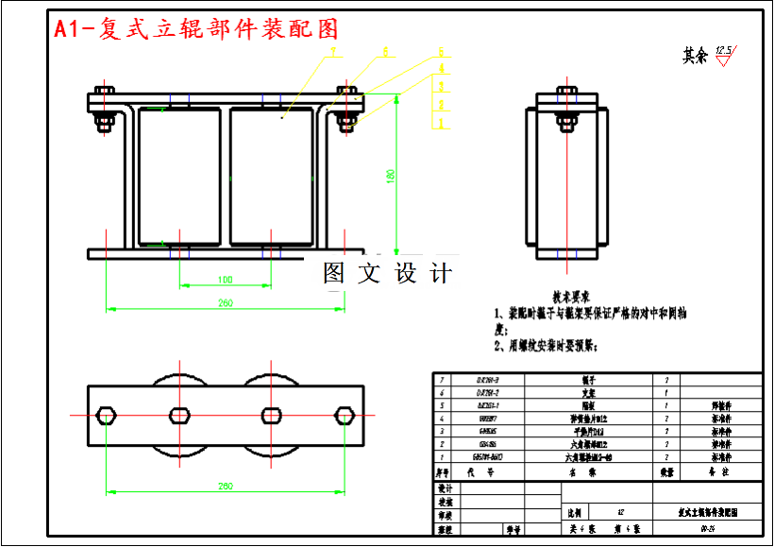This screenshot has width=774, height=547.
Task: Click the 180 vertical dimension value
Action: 390,177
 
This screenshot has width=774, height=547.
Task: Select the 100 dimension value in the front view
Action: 225,280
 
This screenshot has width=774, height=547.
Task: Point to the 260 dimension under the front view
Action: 226,303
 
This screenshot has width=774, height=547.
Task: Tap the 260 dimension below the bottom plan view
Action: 226,486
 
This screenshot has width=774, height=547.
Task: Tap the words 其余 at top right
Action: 695,56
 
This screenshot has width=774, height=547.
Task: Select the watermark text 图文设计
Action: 387,273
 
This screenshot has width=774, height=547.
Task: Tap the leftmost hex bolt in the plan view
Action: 107,415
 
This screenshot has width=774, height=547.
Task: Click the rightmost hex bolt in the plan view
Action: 345,415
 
